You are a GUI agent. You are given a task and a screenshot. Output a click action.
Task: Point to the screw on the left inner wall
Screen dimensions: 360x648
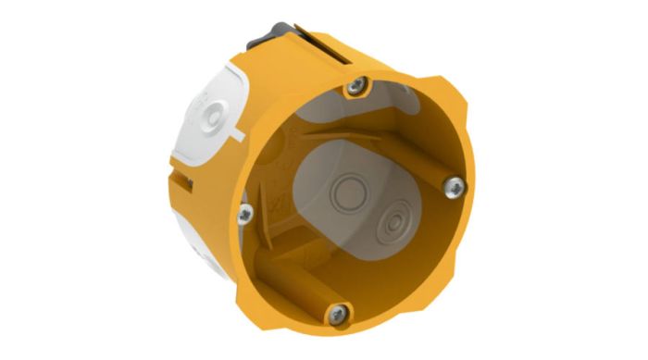244,214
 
